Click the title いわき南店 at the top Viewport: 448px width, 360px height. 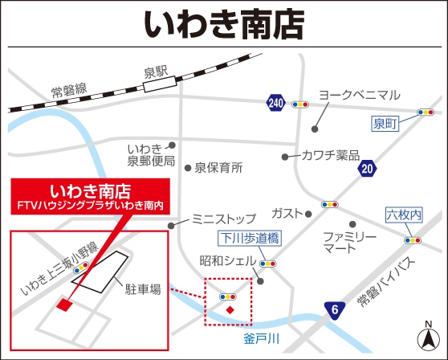point(224,25)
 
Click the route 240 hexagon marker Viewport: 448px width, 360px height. point(276,103)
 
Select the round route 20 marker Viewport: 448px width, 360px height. point(368,168)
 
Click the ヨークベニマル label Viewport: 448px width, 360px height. point(359,95)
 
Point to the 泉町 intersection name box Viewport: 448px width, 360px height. point(385,124)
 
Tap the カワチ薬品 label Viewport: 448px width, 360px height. point(331,155)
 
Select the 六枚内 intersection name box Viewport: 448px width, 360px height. point(402,215)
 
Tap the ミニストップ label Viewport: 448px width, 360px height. point(224,219)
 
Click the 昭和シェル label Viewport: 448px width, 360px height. point(228,261)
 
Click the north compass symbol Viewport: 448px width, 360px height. point(429,335)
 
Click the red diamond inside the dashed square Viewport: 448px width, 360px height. point(230,310)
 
